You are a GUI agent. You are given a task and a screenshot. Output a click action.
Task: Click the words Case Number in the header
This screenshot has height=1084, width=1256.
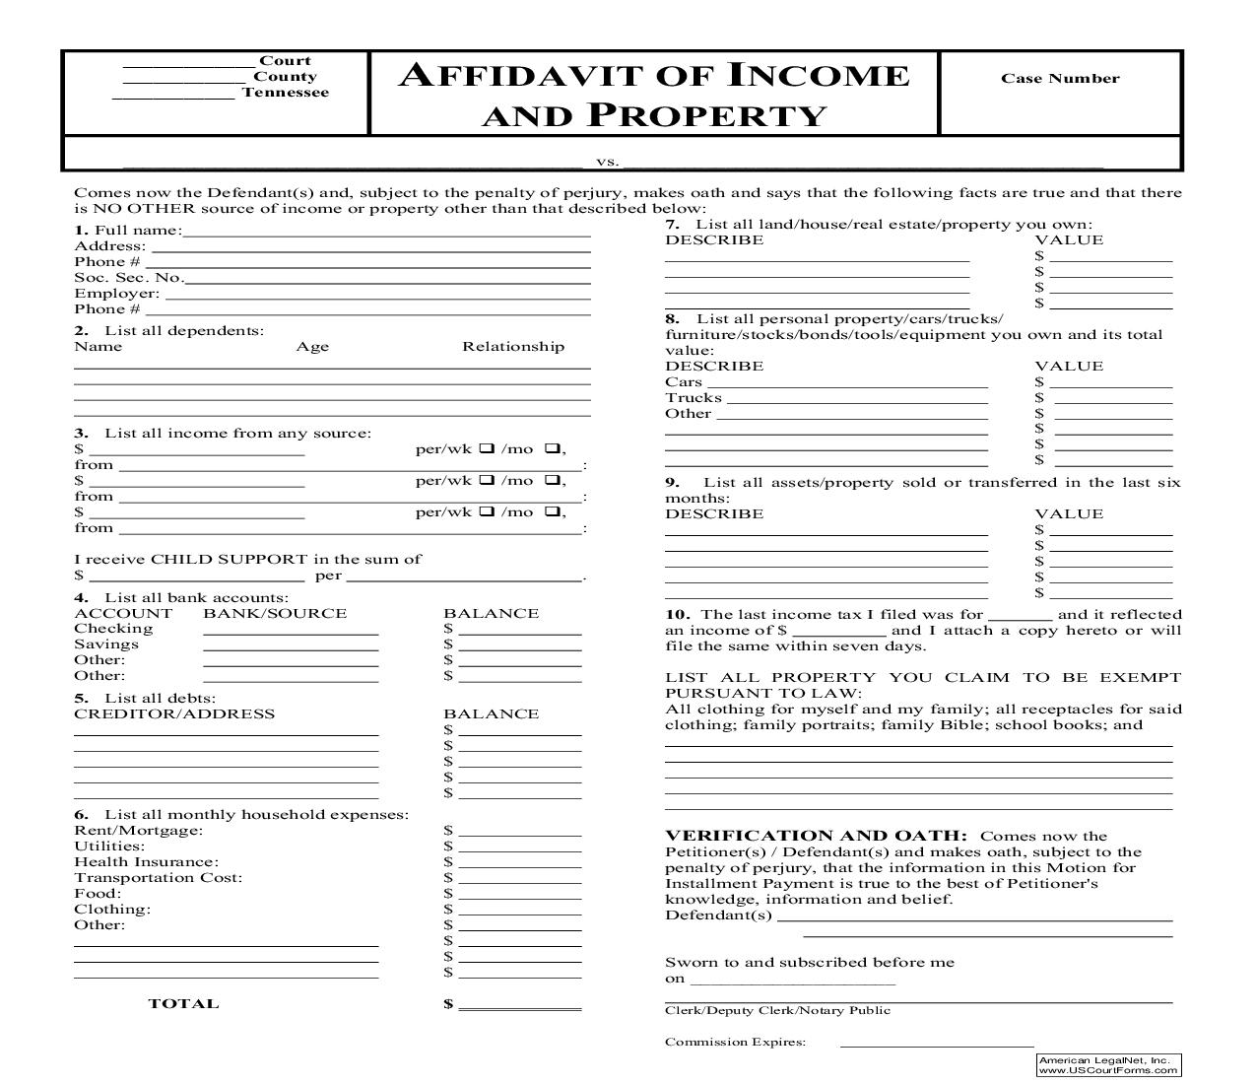[x=1060, y=79]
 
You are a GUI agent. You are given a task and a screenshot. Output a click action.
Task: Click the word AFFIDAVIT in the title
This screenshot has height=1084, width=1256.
[x=526, y=76]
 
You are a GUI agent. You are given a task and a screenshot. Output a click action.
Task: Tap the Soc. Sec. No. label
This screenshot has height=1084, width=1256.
[x=128, y=278]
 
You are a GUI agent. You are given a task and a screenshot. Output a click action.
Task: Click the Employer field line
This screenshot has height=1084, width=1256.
[x=376, y=297]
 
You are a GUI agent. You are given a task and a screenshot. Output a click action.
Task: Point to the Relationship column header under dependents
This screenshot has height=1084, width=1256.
[x=513, y=347]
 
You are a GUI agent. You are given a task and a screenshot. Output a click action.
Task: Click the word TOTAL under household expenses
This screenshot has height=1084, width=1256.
[x=183, y=1004]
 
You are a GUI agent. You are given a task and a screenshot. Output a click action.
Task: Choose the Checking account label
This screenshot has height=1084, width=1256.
[x=113, y=629]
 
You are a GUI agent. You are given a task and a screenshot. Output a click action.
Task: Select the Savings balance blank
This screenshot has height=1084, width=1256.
[x=519, y=647]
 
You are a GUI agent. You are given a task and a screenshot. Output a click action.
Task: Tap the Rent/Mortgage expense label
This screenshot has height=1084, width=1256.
[x=138, y=831]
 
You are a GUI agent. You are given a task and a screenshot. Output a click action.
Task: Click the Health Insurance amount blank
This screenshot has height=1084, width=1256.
[x=519, y=865]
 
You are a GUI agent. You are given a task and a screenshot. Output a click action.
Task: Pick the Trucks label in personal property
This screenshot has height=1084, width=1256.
[x=694, y=398]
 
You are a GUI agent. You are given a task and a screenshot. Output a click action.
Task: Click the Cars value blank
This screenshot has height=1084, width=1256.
[x=1112, y=385]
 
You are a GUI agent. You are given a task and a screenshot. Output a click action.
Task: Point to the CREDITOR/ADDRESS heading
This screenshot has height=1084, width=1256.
[x=174, y=714]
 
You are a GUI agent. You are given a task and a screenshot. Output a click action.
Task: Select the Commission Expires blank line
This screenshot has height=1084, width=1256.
[x=936, y=1045]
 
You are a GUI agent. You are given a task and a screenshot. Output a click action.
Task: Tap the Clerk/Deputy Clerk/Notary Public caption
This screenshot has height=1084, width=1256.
[x=777, y=1010]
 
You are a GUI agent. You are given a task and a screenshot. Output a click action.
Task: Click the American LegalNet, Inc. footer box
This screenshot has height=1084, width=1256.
[x=1108, y=1064]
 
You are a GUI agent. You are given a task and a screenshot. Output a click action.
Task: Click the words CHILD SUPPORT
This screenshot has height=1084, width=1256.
[x=229, y=560]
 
